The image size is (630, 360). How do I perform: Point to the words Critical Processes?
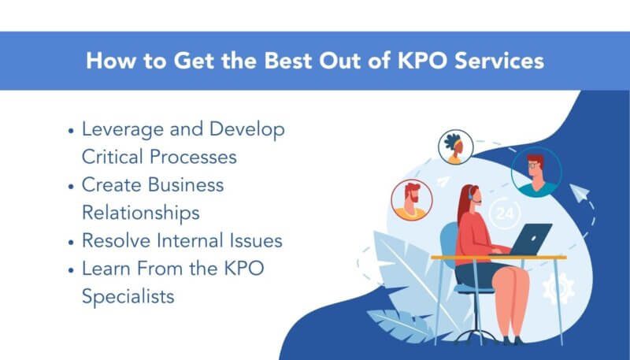[159, 156]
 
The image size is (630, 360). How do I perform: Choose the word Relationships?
[140, 213]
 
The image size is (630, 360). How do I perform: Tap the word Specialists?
[128, 296]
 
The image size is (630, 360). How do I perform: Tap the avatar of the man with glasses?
[535, 171]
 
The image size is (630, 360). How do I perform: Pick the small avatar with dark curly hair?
[456, 147]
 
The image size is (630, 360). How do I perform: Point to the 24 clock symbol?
[504, 214]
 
